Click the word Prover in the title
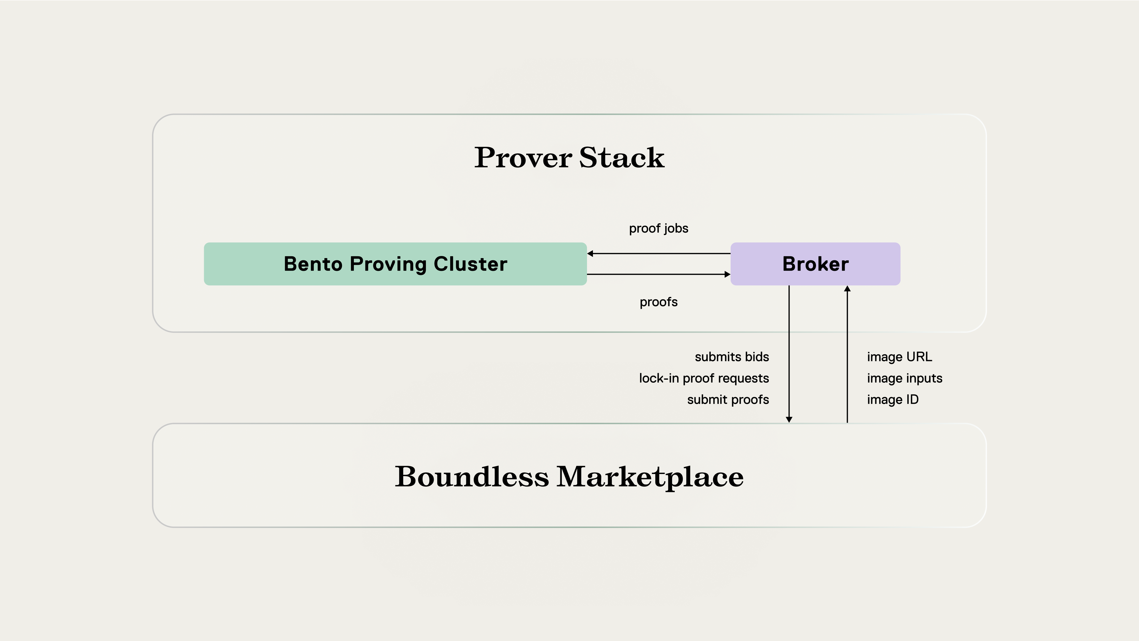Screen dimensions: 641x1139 (x=523, y=158)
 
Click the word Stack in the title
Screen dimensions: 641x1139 (x=622, y=158)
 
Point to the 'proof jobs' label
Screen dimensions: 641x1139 (x=658, y=229)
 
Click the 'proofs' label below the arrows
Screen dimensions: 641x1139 (x=658, y=302)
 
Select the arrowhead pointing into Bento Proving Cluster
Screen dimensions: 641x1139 (x=590, y=253)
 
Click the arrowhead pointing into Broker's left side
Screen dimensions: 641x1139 (x=727, y=275)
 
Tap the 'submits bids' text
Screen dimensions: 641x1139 (x=732, y=357)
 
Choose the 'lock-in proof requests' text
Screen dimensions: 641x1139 (x=704, y=378)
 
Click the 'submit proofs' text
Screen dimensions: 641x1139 (x=728, y=400)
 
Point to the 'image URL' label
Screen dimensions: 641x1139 (x=899, y=357)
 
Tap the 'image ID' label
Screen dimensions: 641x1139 (x=893, y=400)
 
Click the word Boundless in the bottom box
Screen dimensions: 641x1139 (x=472, y=477)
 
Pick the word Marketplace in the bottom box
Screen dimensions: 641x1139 (x=650, y=477)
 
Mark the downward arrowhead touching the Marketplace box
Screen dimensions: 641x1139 (x=789, y=419)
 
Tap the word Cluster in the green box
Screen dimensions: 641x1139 (x=470, y=264)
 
